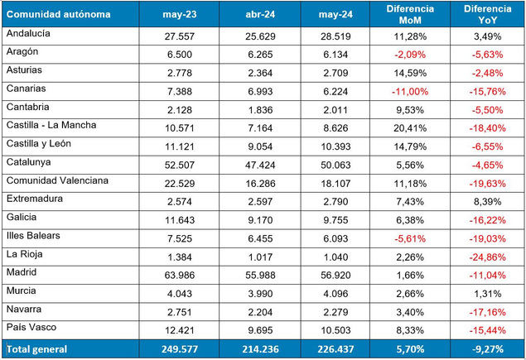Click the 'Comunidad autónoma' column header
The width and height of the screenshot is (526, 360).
(52, 13)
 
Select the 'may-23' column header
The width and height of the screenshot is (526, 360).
(180, 13)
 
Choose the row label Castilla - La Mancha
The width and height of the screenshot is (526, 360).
(51, 127)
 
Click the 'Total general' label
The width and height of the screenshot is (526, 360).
(37, 348)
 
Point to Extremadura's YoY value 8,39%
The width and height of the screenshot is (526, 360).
(488, 200)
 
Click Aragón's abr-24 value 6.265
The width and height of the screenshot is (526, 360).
(264, 54)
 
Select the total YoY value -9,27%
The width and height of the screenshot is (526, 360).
(487, 348)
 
